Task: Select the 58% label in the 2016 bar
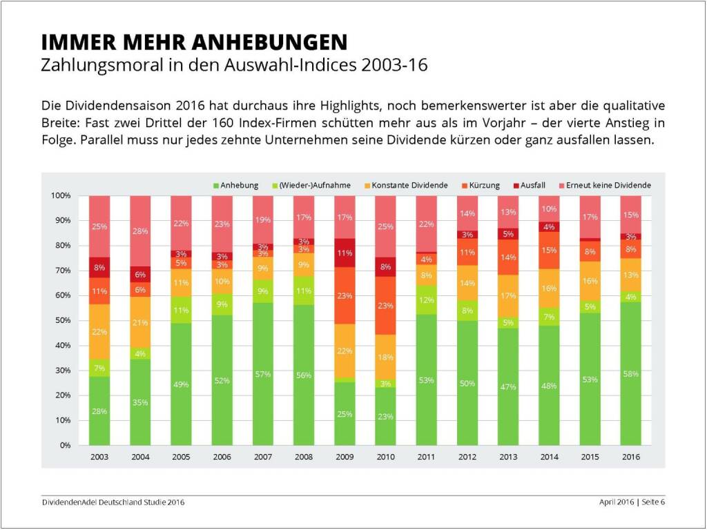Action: (630, 373)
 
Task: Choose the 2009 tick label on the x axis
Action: (345, 457)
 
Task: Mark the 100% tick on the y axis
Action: (61, 196)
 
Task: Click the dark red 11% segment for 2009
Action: (345, 253)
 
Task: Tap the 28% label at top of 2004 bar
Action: (141, 231)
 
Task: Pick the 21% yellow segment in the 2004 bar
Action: (141, 322)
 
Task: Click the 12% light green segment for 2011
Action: (426, 300)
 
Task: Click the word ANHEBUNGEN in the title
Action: (269, 43)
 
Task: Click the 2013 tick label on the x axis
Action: (508, 457)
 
